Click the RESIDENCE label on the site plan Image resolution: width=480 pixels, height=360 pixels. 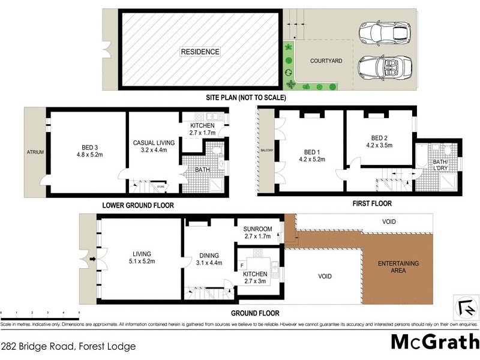click(x=200, y=52)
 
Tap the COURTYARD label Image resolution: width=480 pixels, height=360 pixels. click(x=326, y=61)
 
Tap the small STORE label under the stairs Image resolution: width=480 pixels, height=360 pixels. click(x=160, y=186)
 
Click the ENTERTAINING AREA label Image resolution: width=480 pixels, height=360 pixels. click(x=398, y=267)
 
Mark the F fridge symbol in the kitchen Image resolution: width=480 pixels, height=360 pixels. click(x=241, y=264)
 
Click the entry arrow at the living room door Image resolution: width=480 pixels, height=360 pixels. click(x=92, y=260)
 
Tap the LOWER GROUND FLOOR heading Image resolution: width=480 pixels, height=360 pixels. click(x=137, y=205)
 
